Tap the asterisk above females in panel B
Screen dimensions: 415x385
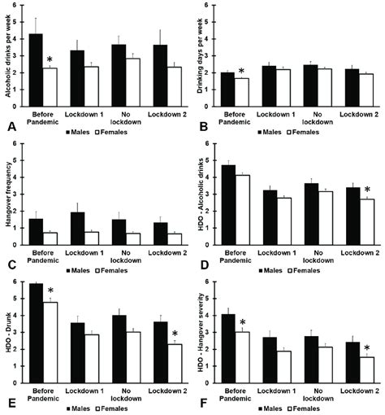[241, 71]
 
